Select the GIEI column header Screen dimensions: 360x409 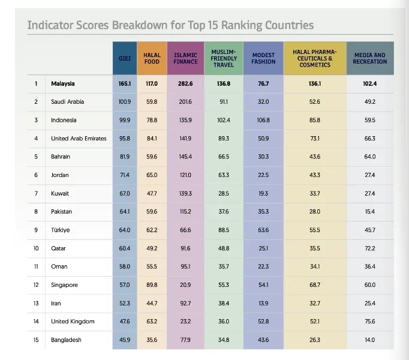click(125, 58)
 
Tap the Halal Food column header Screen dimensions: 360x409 click(152, 58)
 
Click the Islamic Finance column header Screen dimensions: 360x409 click(185, 58)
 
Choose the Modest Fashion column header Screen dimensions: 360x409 click(263, 58)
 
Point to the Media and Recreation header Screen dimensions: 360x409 click(369, 58)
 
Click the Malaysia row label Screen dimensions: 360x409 click(63, 83)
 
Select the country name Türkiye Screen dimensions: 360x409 click(60, 230)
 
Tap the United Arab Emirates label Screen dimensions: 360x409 click(79, 138)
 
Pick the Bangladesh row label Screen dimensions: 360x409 click(66, 340)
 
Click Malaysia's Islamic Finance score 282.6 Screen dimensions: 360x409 click(185, 83)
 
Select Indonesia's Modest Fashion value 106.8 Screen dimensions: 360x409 click(263, 120)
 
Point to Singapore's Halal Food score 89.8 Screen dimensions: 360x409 click(152, 285)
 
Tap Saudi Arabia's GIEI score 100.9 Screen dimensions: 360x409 click(125, 101)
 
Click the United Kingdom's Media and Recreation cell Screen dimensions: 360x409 click(369, 322)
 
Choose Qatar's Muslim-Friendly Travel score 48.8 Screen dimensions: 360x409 click(223, 248)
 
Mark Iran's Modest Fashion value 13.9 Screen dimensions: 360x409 click(263, 303)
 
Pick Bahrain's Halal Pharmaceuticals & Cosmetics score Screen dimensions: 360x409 click(314, 157)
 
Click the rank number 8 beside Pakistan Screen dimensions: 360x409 click(36, 212)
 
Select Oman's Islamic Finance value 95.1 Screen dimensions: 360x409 click(185, 266)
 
